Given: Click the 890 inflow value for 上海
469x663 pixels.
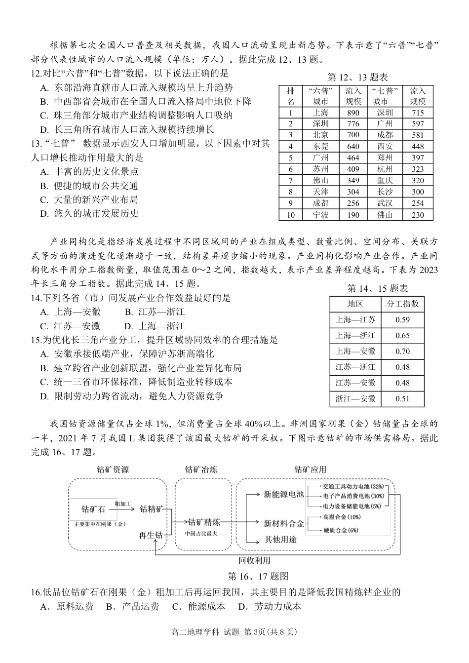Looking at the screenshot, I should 353,112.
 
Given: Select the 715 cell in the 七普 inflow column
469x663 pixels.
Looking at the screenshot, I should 418,112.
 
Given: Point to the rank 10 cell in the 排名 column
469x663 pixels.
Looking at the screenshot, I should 290,215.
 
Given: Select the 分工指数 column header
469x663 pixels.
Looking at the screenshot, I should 402,304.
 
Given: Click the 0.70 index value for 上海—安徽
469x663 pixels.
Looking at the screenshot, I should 402,351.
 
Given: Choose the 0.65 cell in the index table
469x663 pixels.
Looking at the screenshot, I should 402,335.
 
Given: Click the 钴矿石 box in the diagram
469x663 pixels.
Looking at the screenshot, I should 93,509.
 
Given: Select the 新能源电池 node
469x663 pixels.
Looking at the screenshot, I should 283,494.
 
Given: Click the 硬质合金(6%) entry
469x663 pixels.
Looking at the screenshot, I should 340,530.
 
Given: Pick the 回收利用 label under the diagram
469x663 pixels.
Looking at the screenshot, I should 254,560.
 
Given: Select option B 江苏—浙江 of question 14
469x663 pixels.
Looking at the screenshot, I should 154,312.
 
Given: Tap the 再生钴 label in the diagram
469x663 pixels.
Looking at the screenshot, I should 152,535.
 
